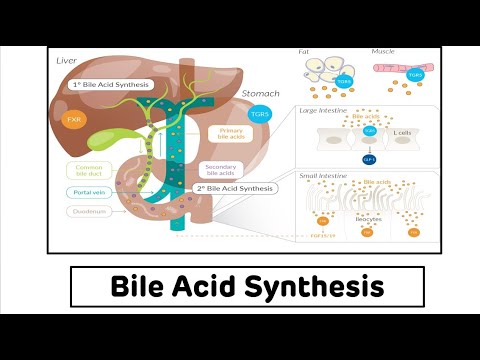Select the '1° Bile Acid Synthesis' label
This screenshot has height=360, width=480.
(110, 86)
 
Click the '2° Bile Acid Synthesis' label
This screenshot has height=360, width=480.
(233, 188)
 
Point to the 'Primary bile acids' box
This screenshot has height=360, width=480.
(230, 133)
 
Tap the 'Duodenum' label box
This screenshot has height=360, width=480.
(90, 212)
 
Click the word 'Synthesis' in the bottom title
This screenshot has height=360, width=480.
(321, 289)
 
